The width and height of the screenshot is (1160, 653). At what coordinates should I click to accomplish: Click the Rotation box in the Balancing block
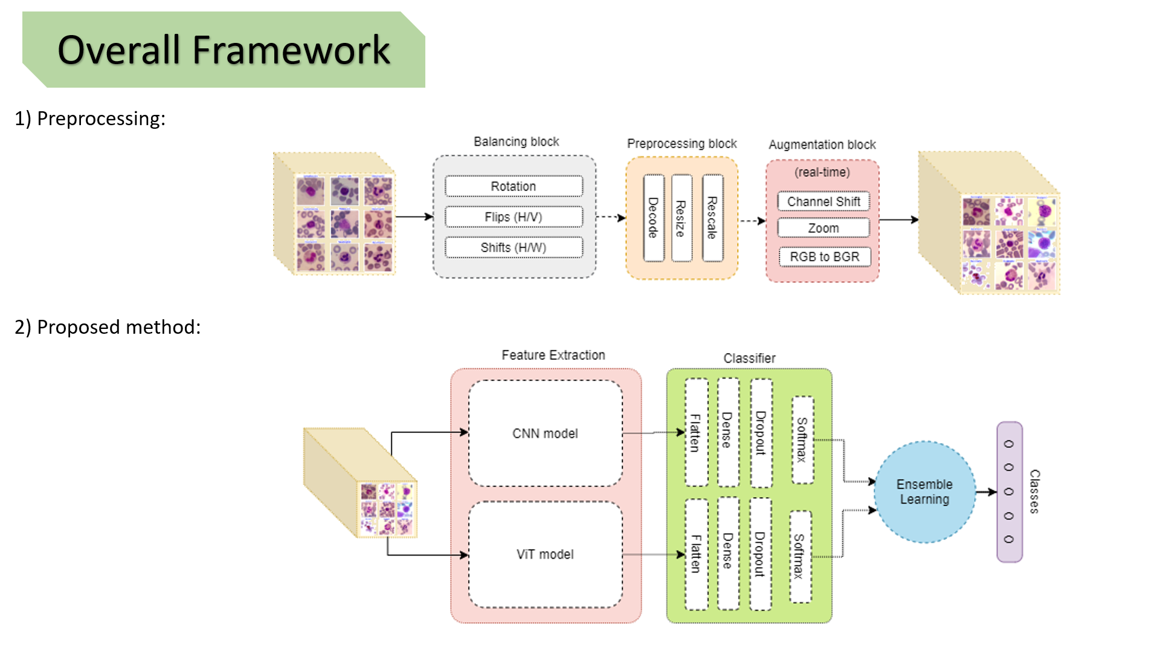(x=514, y=186)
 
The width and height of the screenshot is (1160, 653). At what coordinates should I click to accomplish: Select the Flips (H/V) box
(x=514, y=217)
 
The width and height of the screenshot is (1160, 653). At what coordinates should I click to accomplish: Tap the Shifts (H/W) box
(x=514, y=248)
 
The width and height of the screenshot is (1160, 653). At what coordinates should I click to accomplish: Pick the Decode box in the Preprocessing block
(x=653, y=218)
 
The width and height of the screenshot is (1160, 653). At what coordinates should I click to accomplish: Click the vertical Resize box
(x=681, y=218)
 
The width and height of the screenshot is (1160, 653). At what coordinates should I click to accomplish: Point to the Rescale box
(x=712, y=218)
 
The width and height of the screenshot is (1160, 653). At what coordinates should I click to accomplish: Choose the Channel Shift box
(x=823, y=201)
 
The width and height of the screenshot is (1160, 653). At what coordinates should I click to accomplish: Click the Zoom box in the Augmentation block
(x=823, y=228)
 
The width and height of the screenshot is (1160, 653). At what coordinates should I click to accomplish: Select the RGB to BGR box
(x=824, y=257)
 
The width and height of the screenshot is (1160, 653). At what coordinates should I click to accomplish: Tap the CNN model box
(x=545, y=434)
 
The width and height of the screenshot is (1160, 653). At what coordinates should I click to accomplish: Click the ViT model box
(x=545, y=554)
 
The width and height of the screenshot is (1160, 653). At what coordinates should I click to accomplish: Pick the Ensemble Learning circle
(x=924, y=492)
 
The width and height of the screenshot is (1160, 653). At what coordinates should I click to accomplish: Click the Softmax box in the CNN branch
(x=802, y=440)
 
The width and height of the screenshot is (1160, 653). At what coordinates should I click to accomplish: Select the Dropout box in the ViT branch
(x=760, y=554)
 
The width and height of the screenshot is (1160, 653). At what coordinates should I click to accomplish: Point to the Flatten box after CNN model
(x=696, y=433)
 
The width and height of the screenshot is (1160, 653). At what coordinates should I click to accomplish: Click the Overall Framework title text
(x=224, y=50)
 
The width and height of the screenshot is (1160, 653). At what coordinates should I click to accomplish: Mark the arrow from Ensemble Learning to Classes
(x=986, y=492)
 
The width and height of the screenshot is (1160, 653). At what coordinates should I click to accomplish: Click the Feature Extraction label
(x=553, y=356)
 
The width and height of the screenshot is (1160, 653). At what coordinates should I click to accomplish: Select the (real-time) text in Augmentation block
(x=822, y=172)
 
